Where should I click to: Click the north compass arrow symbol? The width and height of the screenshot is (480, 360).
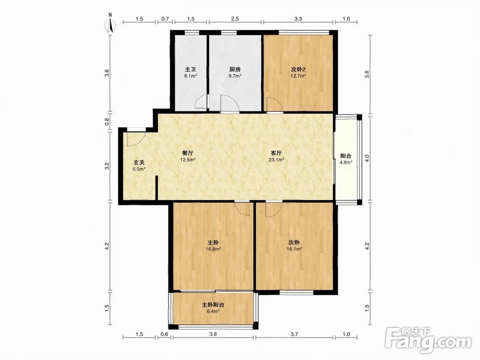(110, 25)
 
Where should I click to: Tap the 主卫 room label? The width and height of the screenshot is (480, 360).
(190, 70)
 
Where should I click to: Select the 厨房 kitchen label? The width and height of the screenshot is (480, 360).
(235, 70)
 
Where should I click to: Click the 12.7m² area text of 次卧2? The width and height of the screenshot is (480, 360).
(299, 76)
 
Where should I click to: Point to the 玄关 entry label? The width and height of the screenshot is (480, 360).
(139, 163)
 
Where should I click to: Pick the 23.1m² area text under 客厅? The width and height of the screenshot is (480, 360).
(276, 159)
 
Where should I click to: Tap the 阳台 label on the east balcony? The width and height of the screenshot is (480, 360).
(346, 156)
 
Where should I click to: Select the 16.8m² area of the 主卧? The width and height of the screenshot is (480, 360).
(214, 249)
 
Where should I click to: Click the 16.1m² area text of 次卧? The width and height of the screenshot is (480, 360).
(294, 249)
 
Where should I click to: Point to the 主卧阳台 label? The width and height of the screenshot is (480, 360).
(213, 305)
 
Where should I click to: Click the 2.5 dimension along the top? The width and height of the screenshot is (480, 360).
(235, 19)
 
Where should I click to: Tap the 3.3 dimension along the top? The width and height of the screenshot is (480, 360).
(298, 19)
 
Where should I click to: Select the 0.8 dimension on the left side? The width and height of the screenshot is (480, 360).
(107, 122)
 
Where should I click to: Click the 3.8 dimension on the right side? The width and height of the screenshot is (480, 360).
(367, 74)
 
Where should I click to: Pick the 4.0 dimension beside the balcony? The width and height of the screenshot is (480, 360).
(368, 158)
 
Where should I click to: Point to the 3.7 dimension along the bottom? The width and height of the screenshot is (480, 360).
(294, 334)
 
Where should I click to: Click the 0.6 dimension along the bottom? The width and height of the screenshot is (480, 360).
(164, 334)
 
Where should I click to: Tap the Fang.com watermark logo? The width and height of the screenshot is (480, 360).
(428, 340)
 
